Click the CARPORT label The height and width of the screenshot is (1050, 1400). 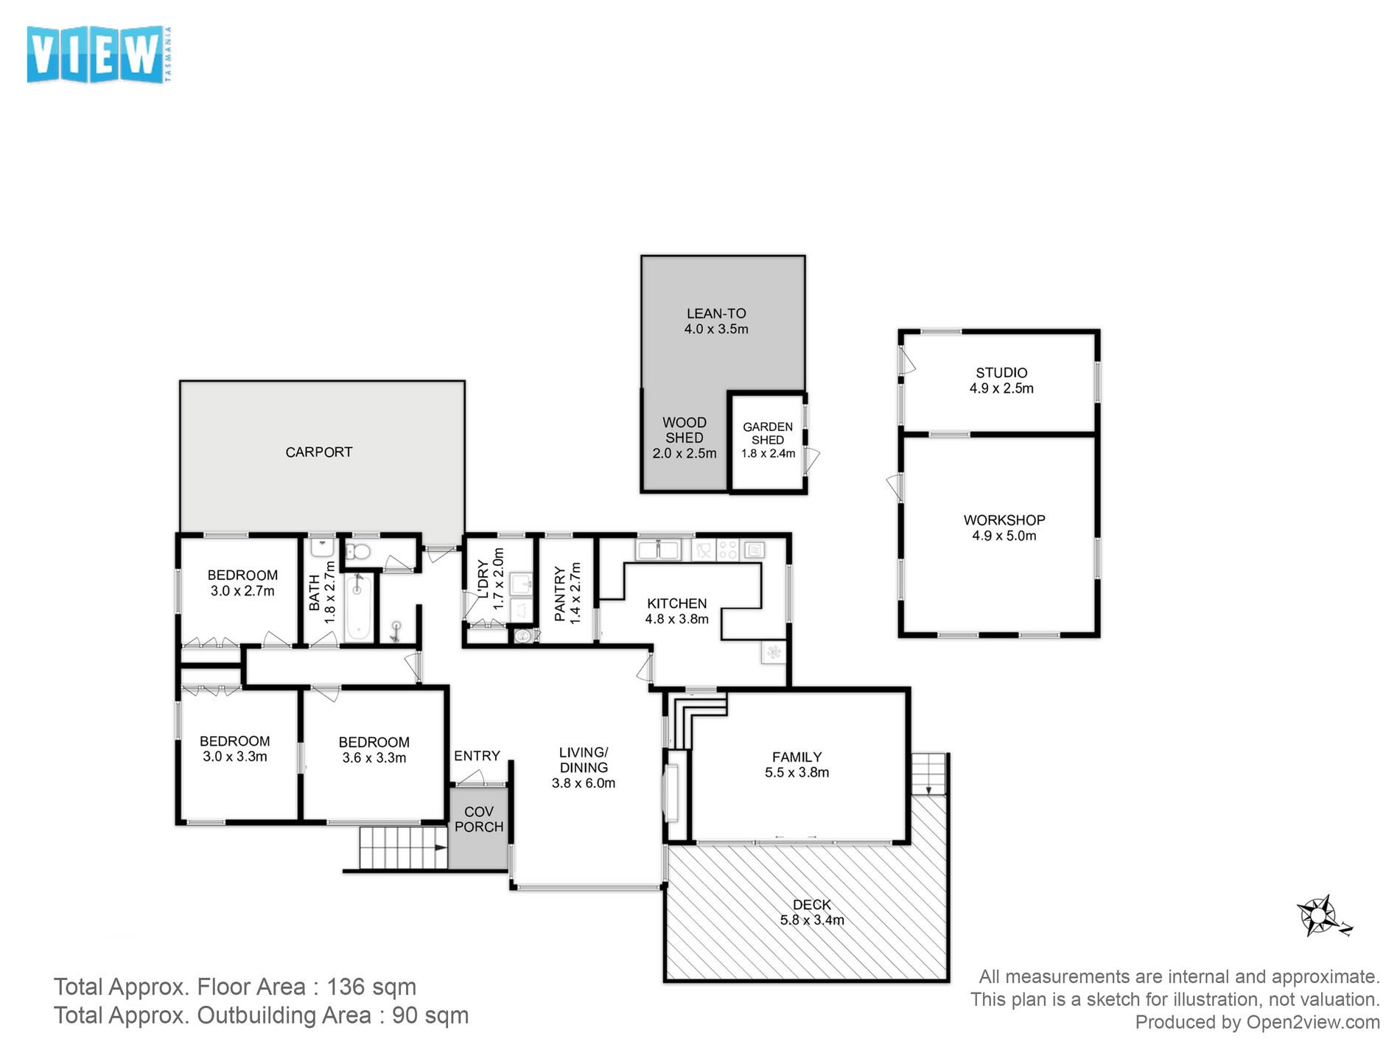pos(319,452)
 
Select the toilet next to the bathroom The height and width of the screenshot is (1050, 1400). pos(358,550)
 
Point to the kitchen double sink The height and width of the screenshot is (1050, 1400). pos(659,550)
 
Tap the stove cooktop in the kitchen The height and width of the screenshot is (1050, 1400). pos(727,550)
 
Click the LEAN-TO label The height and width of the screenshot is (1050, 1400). pos(716,313)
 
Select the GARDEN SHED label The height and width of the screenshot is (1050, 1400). pos(768,433)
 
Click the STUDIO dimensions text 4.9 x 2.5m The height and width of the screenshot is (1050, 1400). pos(1001,388)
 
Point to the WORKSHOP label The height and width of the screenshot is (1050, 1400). pos(1004,519)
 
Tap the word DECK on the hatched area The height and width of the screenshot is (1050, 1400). pos(812,904)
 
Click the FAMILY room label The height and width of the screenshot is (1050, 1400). pos(797,757)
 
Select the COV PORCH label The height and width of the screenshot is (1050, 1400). pos(479,819)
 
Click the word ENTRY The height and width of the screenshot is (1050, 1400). pos(477,756)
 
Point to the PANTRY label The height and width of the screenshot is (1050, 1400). pos(560,594)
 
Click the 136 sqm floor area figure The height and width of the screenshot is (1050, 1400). pos(371,987)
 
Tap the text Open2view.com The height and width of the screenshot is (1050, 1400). pos(1313,1022)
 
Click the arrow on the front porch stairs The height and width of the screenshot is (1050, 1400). pos(441,848)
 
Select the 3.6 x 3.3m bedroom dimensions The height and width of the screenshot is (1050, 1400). pos(374,757)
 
